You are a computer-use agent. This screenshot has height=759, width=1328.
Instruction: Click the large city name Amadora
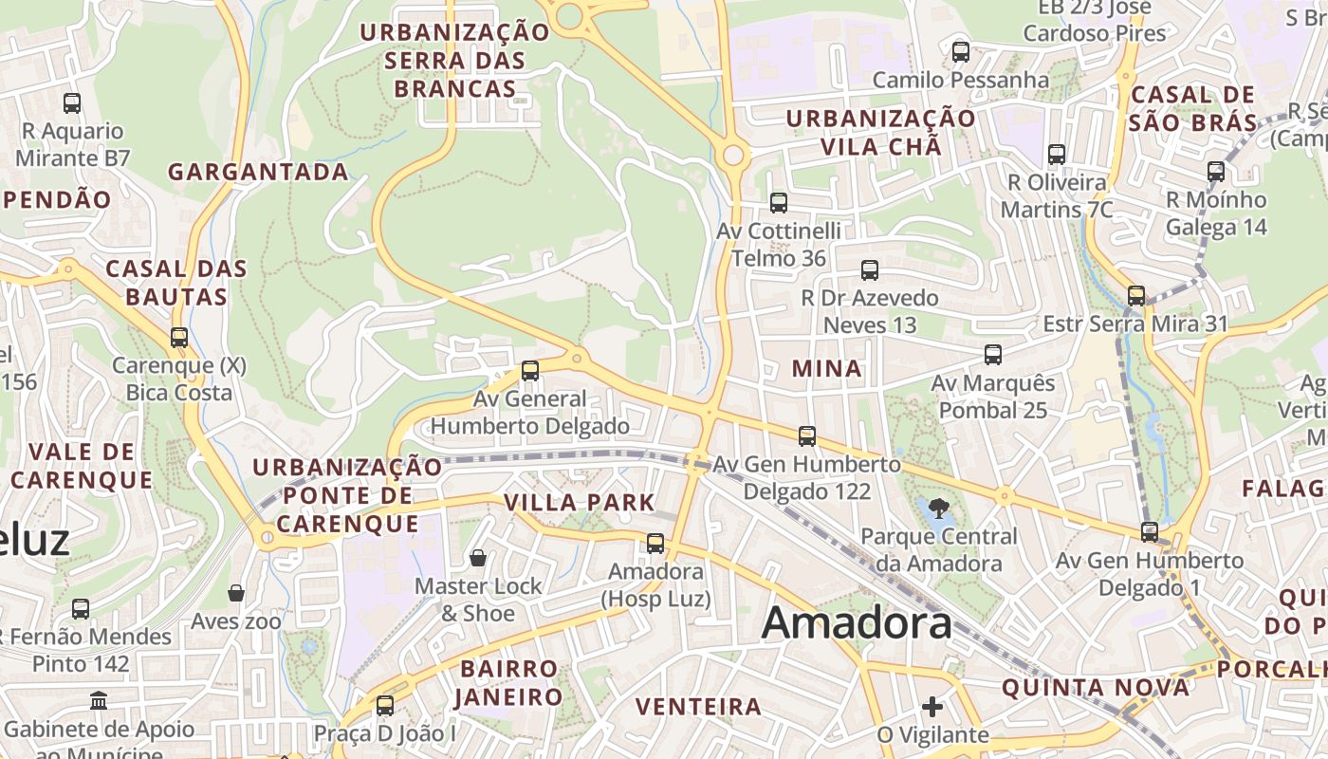point(857,623)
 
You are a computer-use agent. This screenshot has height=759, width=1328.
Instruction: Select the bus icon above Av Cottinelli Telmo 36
point(779,202)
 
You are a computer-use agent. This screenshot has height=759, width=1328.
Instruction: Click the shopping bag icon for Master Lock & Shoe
point(478,558)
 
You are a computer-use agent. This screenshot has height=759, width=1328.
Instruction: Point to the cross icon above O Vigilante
point(932,707)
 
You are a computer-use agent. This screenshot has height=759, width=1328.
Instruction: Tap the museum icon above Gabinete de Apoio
point(99,701)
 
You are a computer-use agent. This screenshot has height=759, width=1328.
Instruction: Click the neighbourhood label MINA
point(827,369)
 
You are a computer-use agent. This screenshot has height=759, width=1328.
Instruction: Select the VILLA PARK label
point(580,503)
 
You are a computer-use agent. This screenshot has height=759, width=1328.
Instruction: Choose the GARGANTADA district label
point(259,172)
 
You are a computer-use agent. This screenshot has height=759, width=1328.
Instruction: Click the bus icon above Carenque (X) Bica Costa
point(178,337)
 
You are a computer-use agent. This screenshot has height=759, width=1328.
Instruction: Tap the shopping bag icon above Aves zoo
point(236,594)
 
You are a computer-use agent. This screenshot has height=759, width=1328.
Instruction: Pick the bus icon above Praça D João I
point(384,705)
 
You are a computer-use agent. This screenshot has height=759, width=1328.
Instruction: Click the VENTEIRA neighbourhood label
point(699,707)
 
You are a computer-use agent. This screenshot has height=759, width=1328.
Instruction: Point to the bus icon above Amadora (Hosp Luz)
point(655,543)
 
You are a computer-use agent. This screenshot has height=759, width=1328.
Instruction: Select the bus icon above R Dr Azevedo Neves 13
point(869,269)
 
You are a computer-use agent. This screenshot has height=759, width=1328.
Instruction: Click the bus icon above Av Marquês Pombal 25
point(993,355)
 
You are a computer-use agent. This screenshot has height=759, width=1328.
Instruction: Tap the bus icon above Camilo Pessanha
point(960,51)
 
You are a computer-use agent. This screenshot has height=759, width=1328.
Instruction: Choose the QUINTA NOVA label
point(1096,688)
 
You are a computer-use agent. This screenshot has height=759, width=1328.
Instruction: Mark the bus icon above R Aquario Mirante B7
point(72,102)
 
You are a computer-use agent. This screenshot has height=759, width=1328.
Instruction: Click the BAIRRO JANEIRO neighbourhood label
point(509,683)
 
